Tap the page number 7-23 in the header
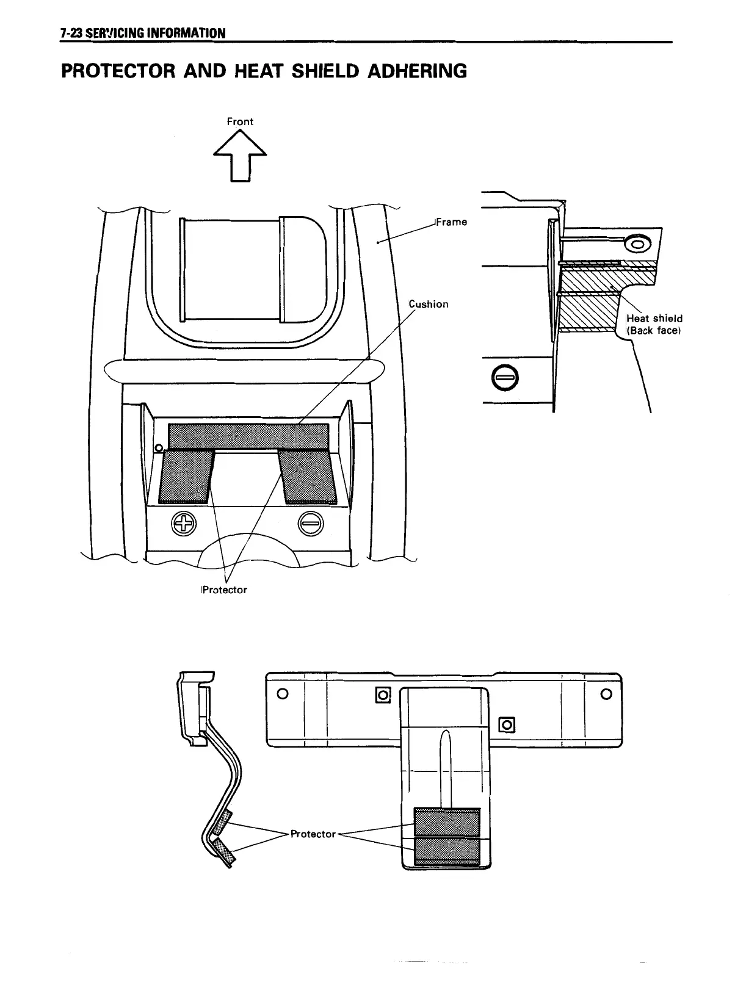[x=71, y=33]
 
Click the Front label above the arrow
[x=240, y=121]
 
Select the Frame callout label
[x=451, y=222]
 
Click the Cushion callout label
[x=429, y=305]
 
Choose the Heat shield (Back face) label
[x=654, y=325]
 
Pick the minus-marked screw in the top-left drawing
[x=311, y=524]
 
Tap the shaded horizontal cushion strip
[x=248, y=436]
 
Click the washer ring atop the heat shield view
[x=638, y=245]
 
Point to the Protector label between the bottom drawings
[x=313, y=834]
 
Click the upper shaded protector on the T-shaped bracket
[x=447, y=821]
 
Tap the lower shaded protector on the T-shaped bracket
[x=447, y=851]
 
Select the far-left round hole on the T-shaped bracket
[x=282, y=694]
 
